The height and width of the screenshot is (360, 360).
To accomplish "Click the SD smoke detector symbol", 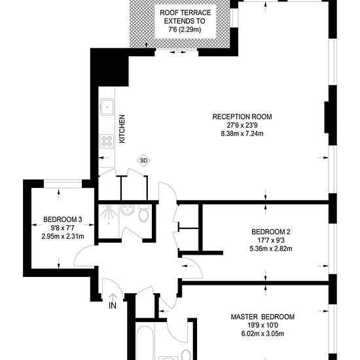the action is tap(144, 160).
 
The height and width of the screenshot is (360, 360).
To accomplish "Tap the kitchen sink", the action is tap(107, 107).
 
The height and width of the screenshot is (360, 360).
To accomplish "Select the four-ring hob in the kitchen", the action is tap(107, 141).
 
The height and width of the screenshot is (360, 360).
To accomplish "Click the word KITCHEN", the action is tap(122, 129).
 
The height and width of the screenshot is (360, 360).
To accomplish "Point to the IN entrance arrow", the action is tap(113, 297).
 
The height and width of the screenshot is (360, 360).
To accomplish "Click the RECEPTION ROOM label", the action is tap(242, 117).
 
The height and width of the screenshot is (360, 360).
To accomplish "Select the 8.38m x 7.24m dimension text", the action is tap(242, 134).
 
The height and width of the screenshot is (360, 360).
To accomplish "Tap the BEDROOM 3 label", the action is tap(63, 219).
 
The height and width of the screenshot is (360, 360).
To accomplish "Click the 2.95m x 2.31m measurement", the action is tap(63, 236).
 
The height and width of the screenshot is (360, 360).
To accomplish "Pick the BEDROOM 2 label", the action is tap(271, 232).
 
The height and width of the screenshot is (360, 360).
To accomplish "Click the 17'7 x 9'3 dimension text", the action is tap(271, 240).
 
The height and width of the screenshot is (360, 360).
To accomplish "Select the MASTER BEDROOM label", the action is tap(262, 317).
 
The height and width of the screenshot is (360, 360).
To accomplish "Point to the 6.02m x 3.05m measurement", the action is tap(262, 334).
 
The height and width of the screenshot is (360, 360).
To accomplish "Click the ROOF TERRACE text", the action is tap(185, 12).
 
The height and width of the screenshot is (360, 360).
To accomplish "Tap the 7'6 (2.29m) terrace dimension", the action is tap(185, 29).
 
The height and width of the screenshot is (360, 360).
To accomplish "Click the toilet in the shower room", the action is tap(144, 213).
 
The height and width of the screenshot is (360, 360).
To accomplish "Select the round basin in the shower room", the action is tap(127, 209).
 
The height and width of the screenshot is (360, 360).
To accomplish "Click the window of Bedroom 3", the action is tap(63, 184).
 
